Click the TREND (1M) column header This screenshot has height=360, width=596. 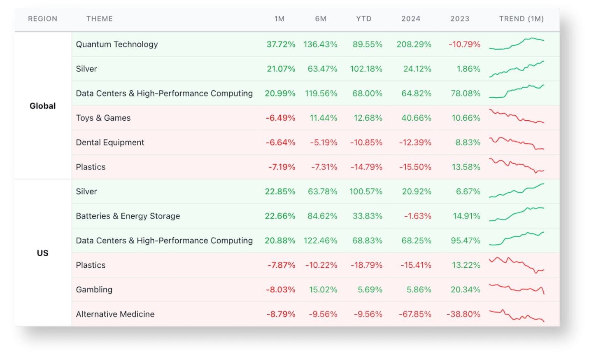tap(521, 19)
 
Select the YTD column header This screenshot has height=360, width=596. tap(363, 19)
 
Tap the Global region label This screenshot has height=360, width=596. tap(42, 106)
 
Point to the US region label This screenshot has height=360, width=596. tap(42, 253)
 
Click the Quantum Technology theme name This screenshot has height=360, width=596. tap(117, 44)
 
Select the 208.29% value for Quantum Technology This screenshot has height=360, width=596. tap(414, 44)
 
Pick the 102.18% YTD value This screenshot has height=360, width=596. tap(366, 69)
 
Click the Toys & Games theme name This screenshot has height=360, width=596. tap(103, 118)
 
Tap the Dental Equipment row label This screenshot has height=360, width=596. tap(110, 143)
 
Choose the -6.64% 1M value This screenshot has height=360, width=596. tap(280, 143)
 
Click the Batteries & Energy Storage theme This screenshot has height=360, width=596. tap(128, 216)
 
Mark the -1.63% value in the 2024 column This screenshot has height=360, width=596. tap(417, 216)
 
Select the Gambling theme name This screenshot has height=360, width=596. tap(94, 290)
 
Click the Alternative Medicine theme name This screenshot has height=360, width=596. tap(115, 314)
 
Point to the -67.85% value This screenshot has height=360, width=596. tap(415, 314)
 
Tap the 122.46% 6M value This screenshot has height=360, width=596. tap(320, 241)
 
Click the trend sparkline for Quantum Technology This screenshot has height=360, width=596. tap(517, 44)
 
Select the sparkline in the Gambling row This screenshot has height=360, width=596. tap(517, 288)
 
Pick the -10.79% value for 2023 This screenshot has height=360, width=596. tap(464, 44)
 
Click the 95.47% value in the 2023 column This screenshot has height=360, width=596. tap(465, 241)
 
